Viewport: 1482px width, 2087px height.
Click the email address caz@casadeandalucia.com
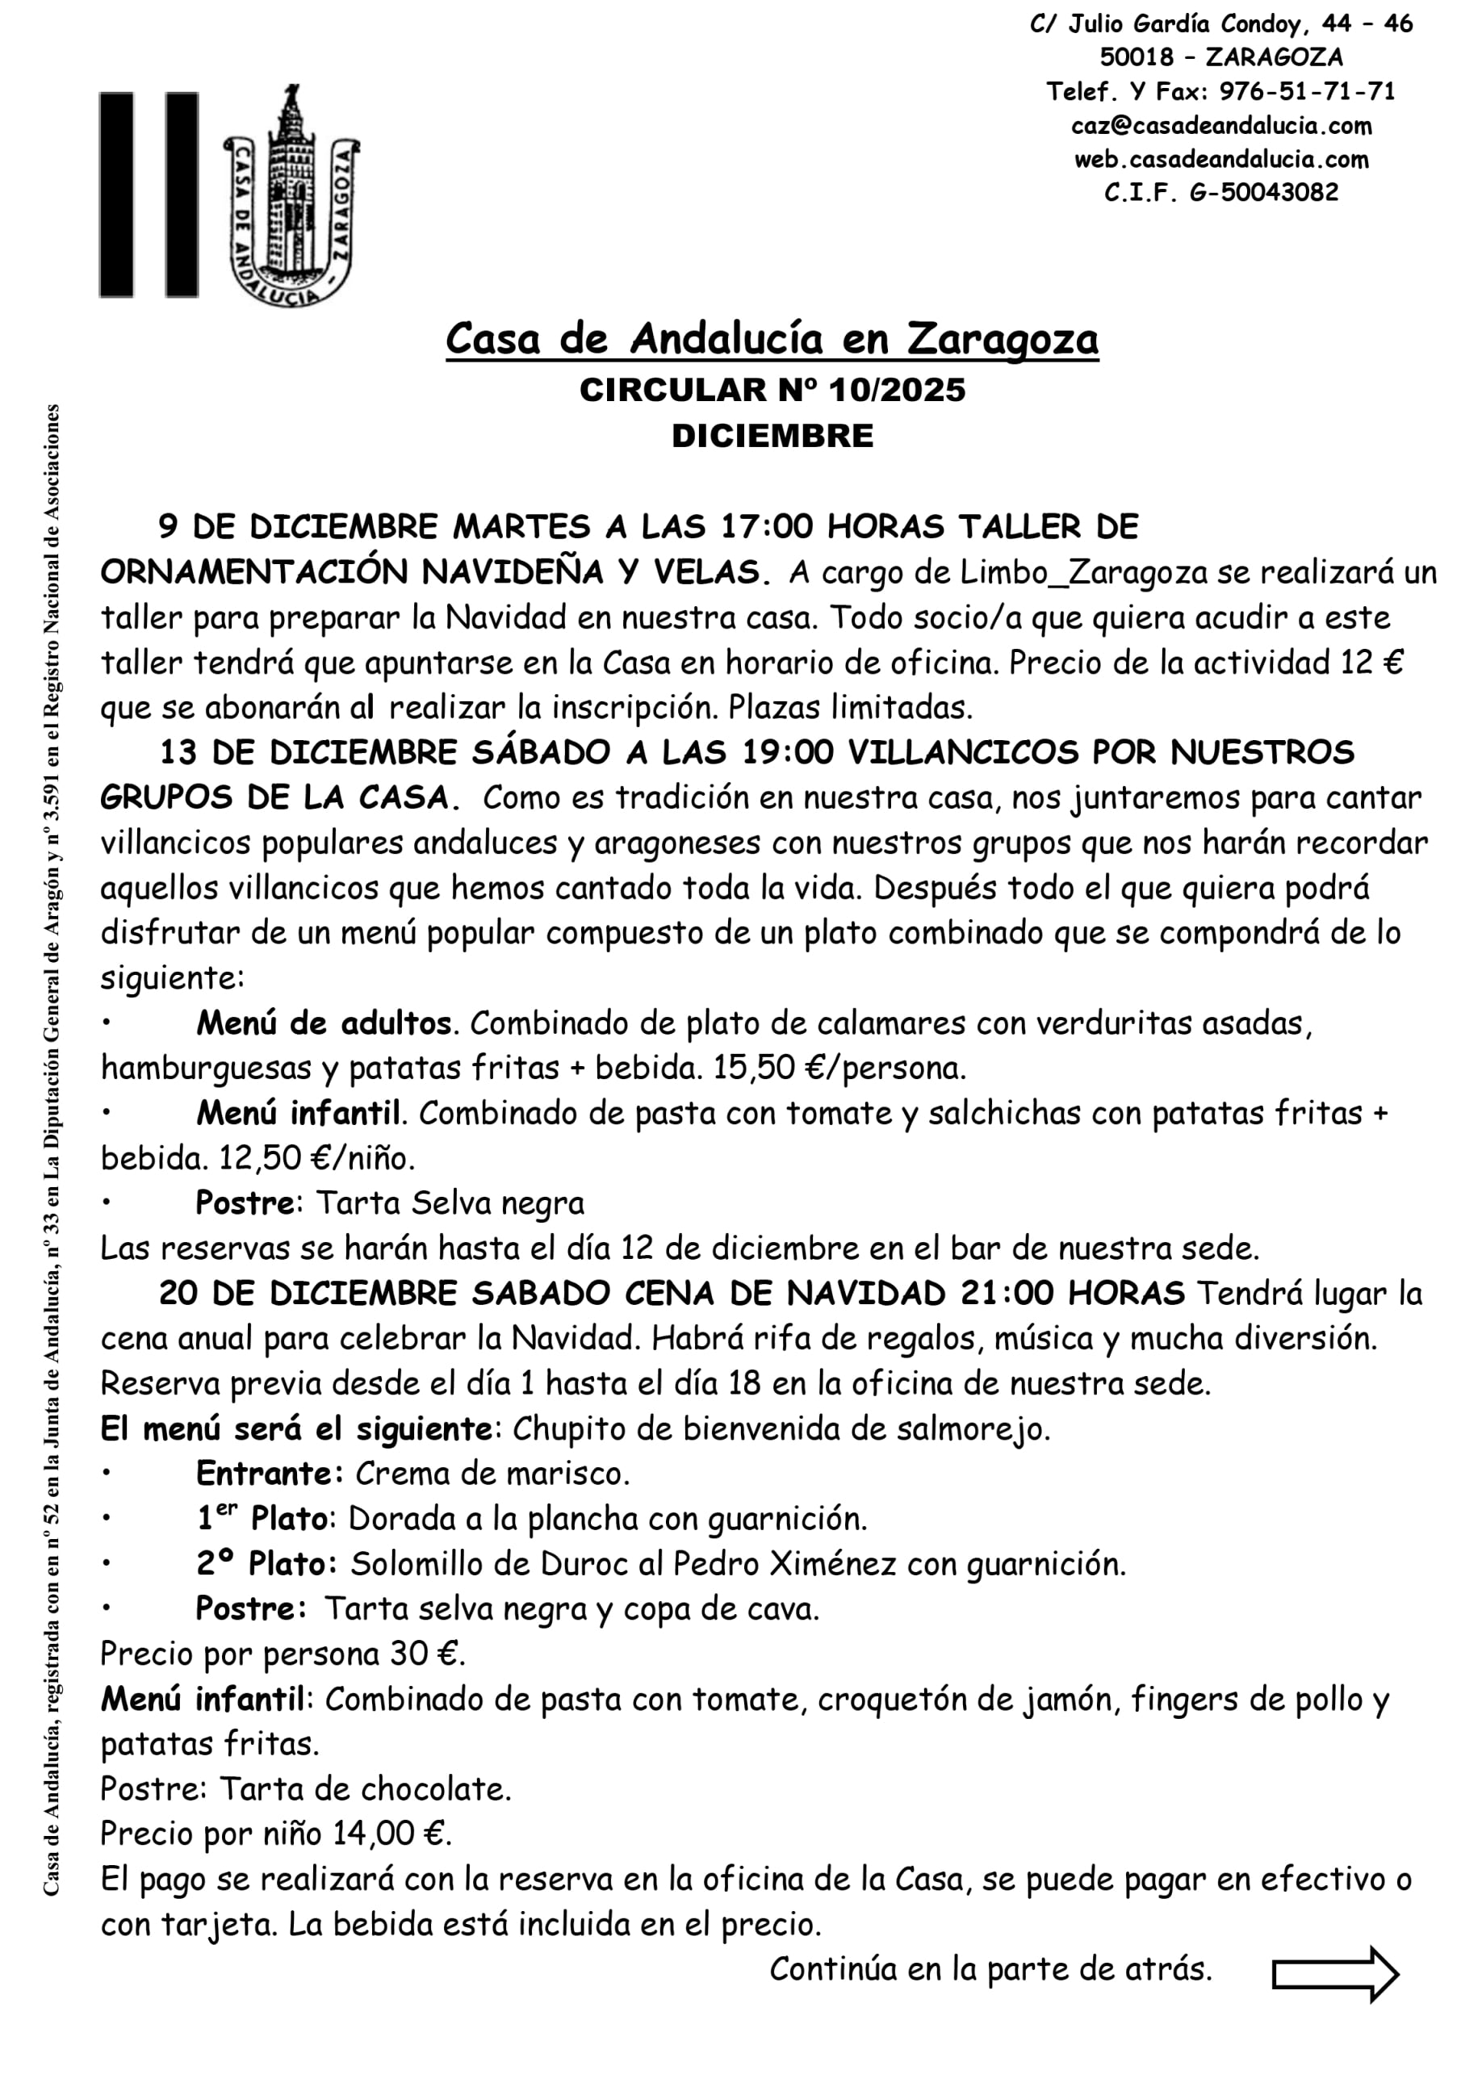1221,125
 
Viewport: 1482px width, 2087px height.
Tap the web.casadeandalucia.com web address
1221,159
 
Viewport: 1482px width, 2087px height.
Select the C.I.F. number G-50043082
1264,192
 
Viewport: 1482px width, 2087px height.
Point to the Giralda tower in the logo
291,182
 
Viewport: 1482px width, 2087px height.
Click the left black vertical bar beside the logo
116,194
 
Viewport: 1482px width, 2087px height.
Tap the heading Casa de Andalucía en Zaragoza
771,339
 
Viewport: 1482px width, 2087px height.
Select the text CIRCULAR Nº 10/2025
772,391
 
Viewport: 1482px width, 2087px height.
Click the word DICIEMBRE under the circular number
772,436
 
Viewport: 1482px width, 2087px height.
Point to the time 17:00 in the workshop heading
767,527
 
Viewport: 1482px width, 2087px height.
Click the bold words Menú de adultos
323,1023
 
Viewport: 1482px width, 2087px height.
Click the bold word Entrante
270,1473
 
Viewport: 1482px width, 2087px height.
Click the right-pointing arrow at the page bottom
1335,1974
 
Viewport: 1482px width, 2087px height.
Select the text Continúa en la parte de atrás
990,1969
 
